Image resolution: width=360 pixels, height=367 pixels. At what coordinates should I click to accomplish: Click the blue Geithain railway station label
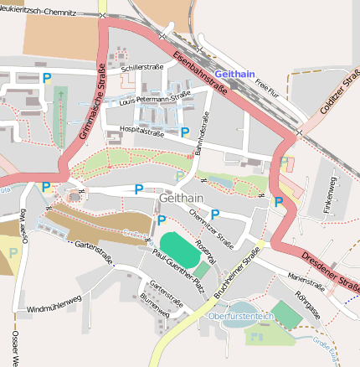click(x=234, y=75)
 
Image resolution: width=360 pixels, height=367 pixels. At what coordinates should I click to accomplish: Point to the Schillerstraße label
click(x=141, y=68)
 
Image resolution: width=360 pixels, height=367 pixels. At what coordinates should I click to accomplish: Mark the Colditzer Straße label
click(x=339, y=95)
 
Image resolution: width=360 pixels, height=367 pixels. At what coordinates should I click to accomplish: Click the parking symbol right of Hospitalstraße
click(x=185, y=132)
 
